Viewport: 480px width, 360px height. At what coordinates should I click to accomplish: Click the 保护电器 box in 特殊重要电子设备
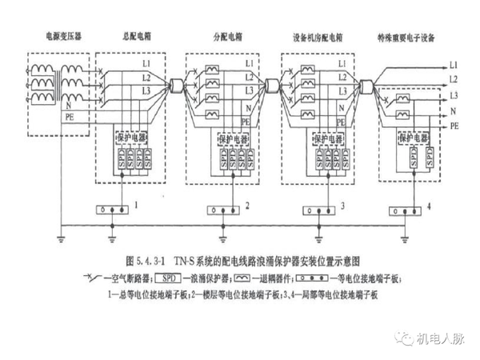click(x=414, y=137)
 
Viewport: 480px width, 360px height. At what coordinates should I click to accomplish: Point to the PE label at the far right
click(x=454, y=126)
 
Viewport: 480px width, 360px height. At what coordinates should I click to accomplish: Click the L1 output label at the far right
click(x=454, y=63)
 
